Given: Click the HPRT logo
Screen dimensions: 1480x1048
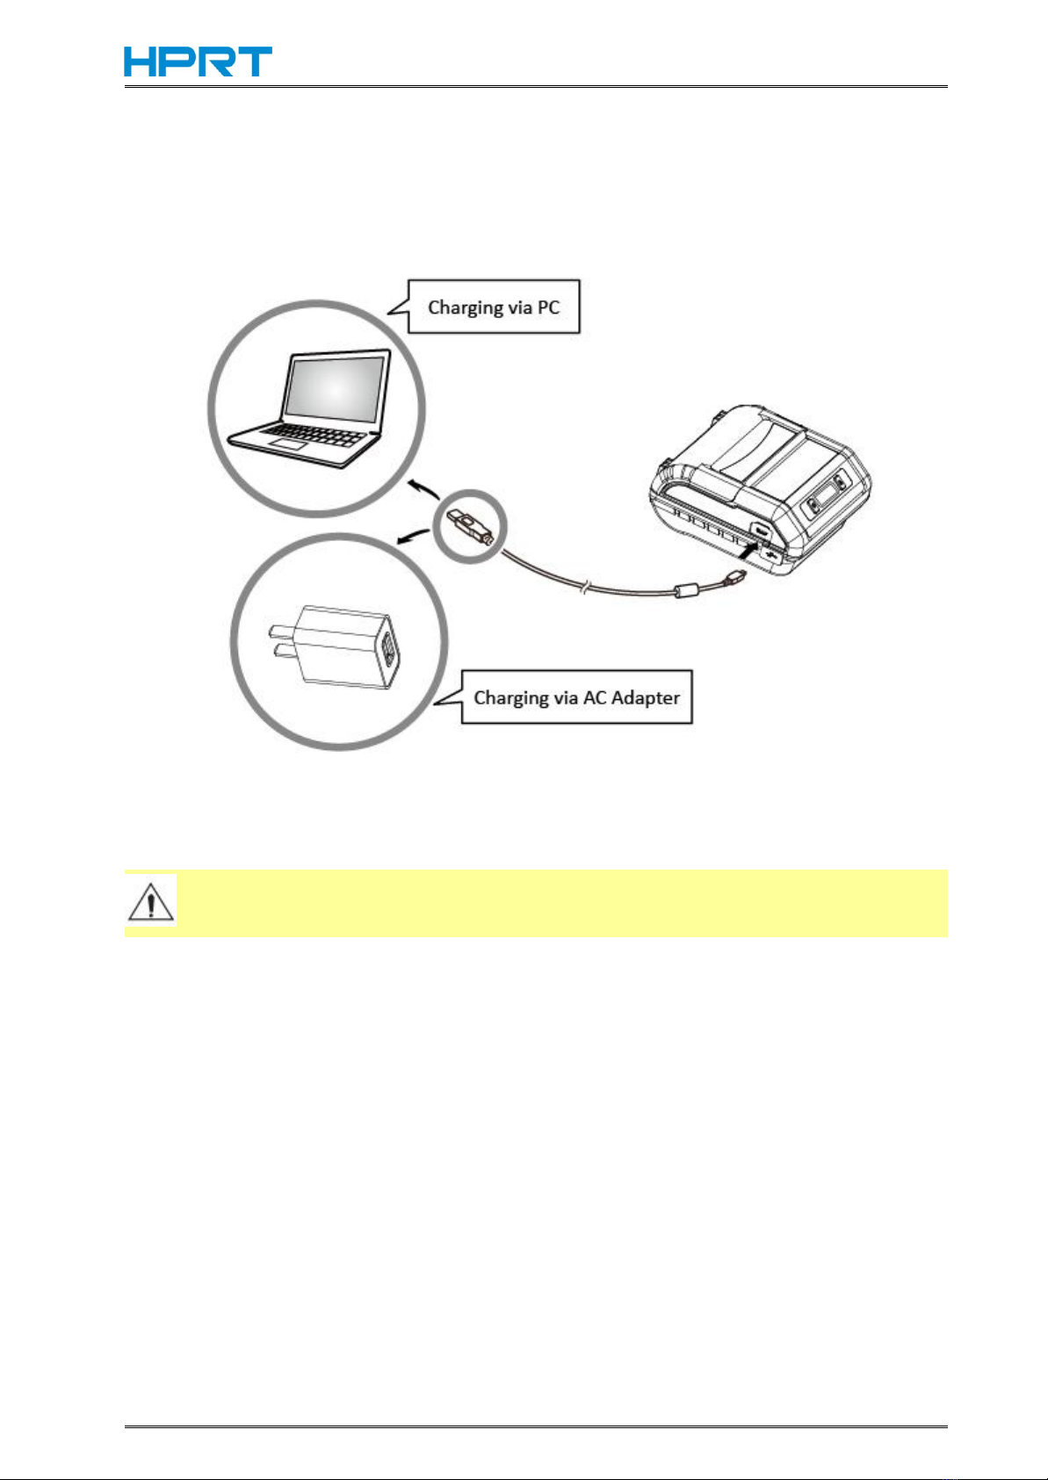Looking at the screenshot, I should click(198, 61).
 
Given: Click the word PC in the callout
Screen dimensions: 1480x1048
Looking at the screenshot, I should click(547, 307).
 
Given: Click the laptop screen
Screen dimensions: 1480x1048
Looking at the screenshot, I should click(335, 386).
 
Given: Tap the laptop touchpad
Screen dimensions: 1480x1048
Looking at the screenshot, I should click(289, 445).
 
